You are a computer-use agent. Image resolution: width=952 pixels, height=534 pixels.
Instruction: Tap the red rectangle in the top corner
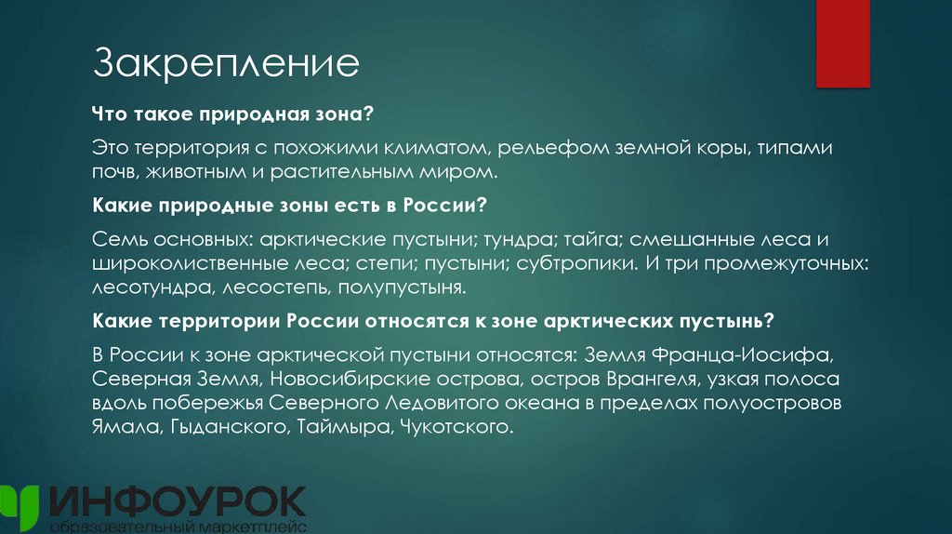click(842, 43)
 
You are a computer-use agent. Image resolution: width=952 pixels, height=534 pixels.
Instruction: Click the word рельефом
click(542, 149)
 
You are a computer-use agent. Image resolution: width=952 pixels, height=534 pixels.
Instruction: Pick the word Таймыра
click(350, 428)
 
